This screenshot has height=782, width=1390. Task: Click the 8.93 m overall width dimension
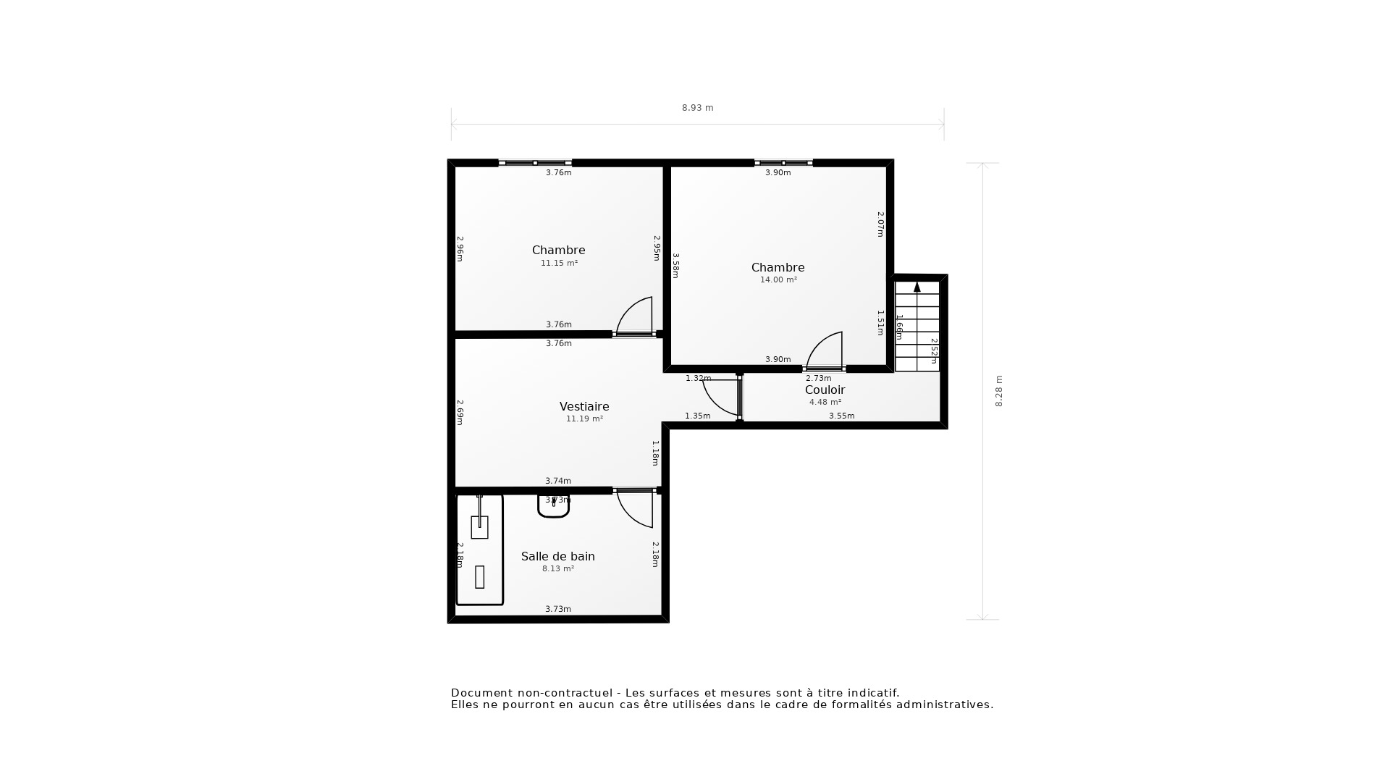pyautogui.click(x=697, y=108)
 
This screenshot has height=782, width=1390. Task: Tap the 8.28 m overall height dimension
pyautogui.click(x=999, y=391)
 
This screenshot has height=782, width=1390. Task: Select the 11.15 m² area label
pyautogui.click(x=559, y=264)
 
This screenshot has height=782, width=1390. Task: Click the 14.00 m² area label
pyautogui.click(x=778, y=280)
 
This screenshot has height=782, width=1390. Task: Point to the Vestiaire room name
pyautogui.click(x=584, y=406)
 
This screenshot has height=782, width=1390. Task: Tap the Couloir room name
pyautogui.click(x=825, y=390)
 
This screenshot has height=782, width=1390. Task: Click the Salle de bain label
pyautogui.click(x=557, y=556)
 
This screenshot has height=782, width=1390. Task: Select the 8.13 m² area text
pyautogui.click(x=557, y=569)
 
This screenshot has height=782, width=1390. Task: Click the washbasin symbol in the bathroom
pyautogui.click(x=554, y=505)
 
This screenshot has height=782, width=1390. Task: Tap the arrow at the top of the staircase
pyautogui.click(x=917, y=287)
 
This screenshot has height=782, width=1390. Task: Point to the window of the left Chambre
pyautogui.click(x=535, y=163)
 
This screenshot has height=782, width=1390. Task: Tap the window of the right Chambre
pyautogui.click(x=783, y=163)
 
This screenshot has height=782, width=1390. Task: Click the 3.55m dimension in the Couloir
pyautogui.click(x=841, y=416)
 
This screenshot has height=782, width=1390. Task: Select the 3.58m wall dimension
pyautogui.click(x=675, y=265)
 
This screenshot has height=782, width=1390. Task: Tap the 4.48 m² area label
pyautogui.click(x=825, y=403)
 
